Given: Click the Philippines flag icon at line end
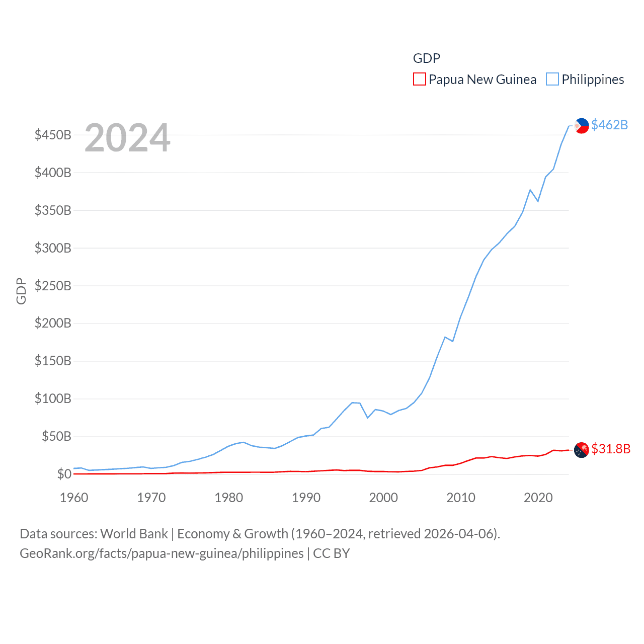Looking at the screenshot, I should pyautogui.click(x=582, y=126).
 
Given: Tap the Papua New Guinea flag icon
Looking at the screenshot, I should pyautogui.click(x=581, y=450).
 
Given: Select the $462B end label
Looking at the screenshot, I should pyautogui.click(x=609, y=125).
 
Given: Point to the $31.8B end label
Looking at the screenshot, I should pyautogui.click(x=610, y=449).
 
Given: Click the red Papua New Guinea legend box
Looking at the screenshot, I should pyautogui.click(x=419, y=79).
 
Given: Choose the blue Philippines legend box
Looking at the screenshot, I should pyautogui.click(x=552, y=79).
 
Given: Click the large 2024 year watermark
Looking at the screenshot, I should pyautogui.click(x=127, y=138).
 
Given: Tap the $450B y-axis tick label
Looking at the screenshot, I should pyautogui.click(x=53, y=135).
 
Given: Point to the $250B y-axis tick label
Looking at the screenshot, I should pyautogui.click(x=53, y=286).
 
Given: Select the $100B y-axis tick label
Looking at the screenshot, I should pyautogui.click(x=53, y=399).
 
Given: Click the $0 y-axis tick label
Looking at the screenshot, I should pyautogui.click(x=64, y=474).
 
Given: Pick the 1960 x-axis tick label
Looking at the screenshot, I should pyautogui.click(x=74, y=498).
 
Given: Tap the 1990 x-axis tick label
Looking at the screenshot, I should pyautogui.click(x=306, y=498).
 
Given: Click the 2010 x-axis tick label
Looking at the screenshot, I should pyautogui.click(x=461, y=498).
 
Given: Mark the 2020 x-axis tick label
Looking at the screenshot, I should pyautogui.click(x=538, y=498).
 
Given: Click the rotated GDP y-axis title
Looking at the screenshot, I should pyautogui.click(x=21, y=291).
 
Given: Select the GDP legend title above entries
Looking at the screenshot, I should pyautogui.click(x=426, y=58).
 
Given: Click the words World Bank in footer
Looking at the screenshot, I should pyautogui.click(x=134, y=534).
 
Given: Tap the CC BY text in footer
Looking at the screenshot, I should pyautogui.click(x=331, y=553).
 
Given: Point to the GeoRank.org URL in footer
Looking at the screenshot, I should pyautogui.click(x=162, y=553).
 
